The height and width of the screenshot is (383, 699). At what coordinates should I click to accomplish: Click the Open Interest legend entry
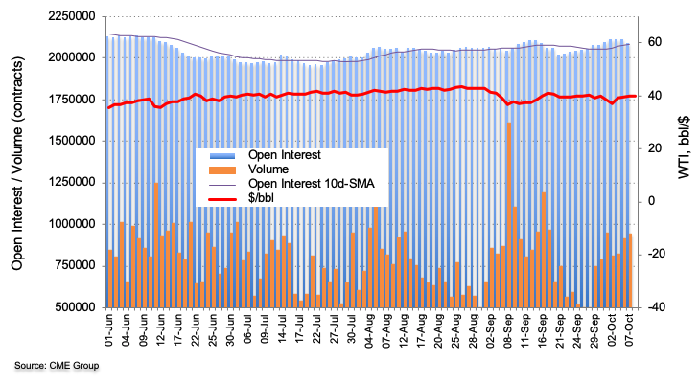pyautogui.click(x=283, y=155)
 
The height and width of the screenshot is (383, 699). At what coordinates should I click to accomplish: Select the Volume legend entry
pyautogui.click(x=268, y=169)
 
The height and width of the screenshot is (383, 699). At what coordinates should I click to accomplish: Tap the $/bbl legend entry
pyautogui.click(x=262, y=199)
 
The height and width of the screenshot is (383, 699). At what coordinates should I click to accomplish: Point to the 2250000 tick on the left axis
pyautogui.click(x=68, y=16)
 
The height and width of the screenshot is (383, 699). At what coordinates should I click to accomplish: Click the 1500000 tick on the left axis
pyautogui.click(x=68, y=141)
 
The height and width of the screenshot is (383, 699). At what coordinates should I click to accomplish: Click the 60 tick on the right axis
pyautogui.click(x=656, y=42)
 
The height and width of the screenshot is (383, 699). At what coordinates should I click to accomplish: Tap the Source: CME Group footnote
pyautogui.click(x=57, y=366)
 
